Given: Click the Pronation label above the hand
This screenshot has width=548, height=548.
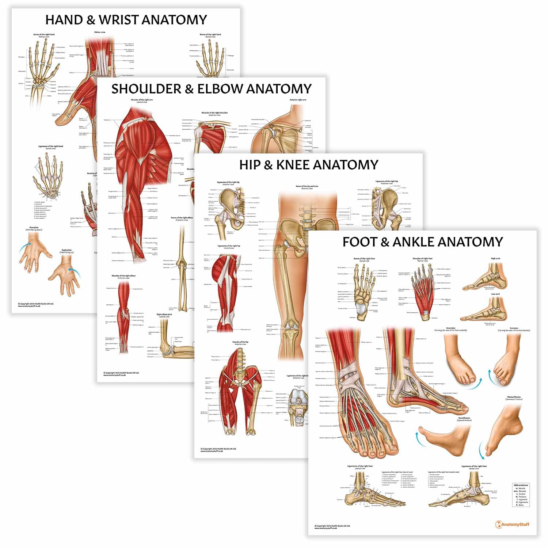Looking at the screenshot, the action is [34, 228].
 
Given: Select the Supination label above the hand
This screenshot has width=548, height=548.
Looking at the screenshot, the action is [66, 251].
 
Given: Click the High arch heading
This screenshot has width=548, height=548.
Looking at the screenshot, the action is [495, 258].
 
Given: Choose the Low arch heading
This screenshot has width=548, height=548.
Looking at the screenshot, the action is [495, 294].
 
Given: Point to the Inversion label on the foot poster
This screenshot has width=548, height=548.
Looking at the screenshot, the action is [450, 328].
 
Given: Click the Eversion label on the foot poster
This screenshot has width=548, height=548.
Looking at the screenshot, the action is [514, 328].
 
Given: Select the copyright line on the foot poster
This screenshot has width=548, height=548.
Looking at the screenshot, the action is [332, 526].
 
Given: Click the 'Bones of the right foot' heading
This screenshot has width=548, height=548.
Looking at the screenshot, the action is [364, 259].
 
